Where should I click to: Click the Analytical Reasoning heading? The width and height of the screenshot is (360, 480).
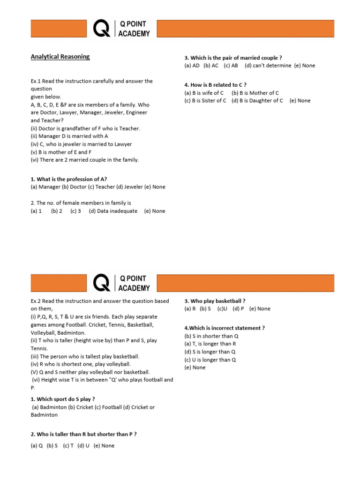[x=60, y=57]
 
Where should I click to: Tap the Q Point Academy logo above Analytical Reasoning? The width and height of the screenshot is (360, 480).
[x=122, y=29]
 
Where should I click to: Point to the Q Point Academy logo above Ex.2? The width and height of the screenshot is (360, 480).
[x=122, y=283]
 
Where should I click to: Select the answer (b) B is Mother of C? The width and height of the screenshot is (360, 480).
[x=255, y=93]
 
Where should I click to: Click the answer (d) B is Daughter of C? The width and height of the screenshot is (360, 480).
[x=257, y=100]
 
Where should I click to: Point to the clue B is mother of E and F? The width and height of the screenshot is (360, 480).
[x=61, y=152]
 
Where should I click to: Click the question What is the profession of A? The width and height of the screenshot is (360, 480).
[x=69, y=179]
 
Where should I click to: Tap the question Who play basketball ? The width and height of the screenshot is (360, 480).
[x=215, y=301]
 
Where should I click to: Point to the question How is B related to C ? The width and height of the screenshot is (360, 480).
[x=215, y=85]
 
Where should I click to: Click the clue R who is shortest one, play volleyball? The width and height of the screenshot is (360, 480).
[x=81, y=364]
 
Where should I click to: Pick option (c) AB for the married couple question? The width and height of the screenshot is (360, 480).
[x=231, y=66]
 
